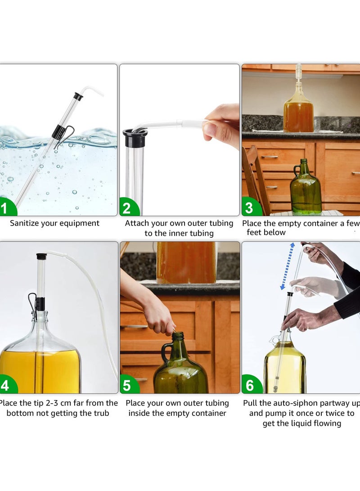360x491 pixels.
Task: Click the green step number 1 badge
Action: (5, 208)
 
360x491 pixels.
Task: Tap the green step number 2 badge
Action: (127, 208)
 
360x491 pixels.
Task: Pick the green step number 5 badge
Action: (127, 386)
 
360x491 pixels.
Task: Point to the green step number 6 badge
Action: (250, 386)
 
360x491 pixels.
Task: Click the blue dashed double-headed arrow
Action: (287, 266)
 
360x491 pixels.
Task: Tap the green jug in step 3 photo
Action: (306, 189)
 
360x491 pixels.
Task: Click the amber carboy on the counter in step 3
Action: (298, 113)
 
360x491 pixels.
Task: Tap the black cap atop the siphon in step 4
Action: (41, 257)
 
